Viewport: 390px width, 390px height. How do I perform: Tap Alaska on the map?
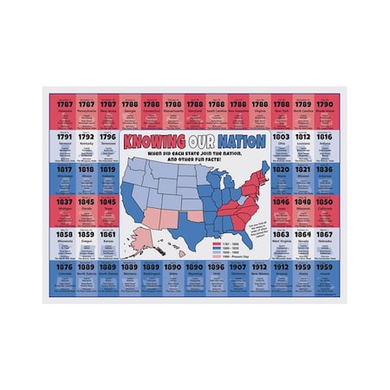click(139, 245)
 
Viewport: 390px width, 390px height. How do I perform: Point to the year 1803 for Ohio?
click(281, 136)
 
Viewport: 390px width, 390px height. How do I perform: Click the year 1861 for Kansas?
click(107, 234)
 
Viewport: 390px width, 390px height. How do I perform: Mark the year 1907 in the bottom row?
click(237, 267)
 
